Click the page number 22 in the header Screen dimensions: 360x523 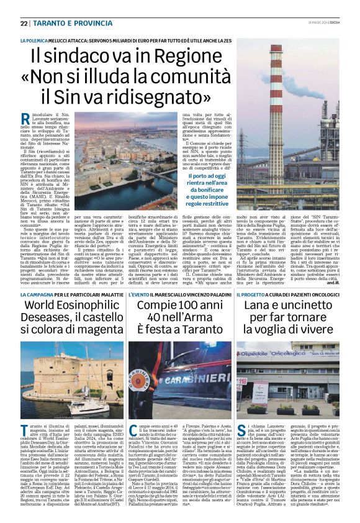point(24,23)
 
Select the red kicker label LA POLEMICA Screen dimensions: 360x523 point(34,39)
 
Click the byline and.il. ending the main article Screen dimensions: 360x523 point(334,282)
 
